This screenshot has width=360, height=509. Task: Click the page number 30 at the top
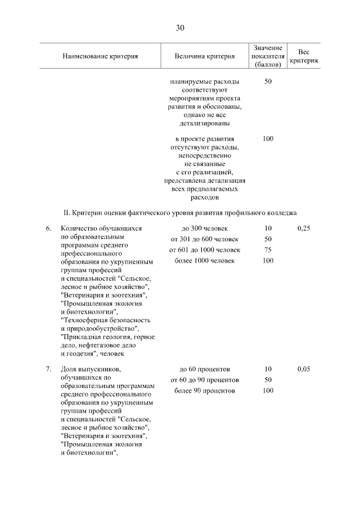tap(180, 28)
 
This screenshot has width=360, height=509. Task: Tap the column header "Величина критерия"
tap(205, 56)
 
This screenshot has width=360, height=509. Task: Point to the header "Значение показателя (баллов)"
tap(268, 56)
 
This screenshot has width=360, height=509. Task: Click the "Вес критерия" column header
tap(304, 56)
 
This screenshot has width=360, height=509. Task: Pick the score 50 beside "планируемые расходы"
tap(268, 82)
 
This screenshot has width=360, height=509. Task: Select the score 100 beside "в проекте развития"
tap(268, 138)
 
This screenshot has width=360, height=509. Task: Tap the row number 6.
tap(48, 229)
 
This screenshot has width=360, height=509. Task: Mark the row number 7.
tap(48, 370)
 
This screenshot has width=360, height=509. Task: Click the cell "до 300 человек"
tap(205, 229)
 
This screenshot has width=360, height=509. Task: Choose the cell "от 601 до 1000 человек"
tap(205, 250)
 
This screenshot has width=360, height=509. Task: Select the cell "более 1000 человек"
tap(205, 261)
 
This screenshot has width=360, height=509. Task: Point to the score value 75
tap(268, 250)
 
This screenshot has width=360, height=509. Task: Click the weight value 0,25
tap(304, 229)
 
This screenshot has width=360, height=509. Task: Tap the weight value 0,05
tap(304, 370)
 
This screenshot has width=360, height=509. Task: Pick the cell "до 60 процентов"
tap(205, 370)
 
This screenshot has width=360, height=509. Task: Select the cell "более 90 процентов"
tap(205, 391)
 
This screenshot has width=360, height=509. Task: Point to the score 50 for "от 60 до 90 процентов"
tap(268, 380)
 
